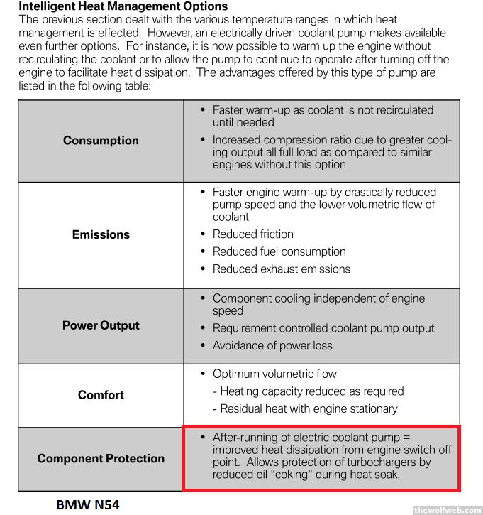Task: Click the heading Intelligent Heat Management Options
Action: pyautogui.click(x=113, y=7)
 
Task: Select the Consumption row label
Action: pyautogui.click(x=101, y=140)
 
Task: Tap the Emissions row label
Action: pyautogui.click(x=101, y=234)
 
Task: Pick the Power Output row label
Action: pyautogui.click(x=101, y=325)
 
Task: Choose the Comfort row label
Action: pyautogui.click(x=101, y=395)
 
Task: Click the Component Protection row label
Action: pyautogui.click(x=101, y=458)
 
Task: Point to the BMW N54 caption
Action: pyautogui.click(x=88, y=504)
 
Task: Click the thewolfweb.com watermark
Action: pyautogui.click(x=446, y=509)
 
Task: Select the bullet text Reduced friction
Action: pyautogui.click(x=252, y=234)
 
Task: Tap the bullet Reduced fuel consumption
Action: pyautogui.click(x=279, y=251)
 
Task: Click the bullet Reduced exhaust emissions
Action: pyautogui.click(x=281, y=269)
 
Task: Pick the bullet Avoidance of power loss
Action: pyautogui.click(x=272, y=346)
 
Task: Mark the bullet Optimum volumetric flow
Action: pyautogui.click(x=274, y=374)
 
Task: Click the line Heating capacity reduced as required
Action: pyautogui.click(x=312, y=391)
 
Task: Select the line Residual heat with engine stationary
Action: pyautogui.click(x=309, y=408)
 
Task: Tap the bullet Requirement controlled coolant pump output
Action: pyautogui.click(x=323, y=328)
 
